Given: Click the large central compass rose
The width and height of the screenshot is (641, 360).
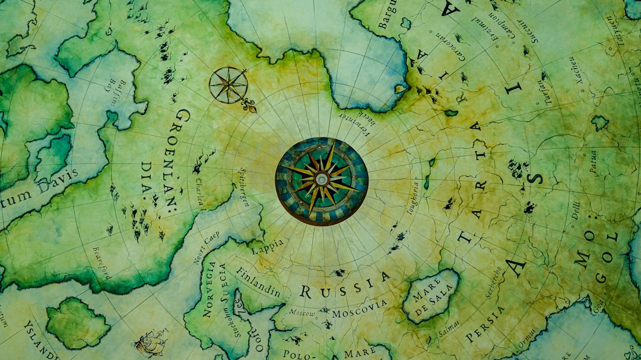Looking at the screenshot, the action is [321, 180].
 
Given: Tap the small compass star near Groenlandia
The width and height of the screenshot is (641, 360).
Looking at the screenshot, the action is [229, 85].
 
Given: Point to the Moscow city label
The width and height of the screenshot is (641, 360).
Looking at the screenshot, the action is [302, 313].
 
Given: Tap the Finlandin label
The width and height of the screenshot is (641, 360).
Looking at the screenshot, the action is [258, 282].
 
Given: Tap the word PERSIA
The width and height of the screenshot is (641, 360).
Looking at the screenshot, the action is [485, 324].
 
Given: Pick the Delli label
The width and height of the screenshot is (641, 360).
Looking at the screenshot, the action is [575, 210].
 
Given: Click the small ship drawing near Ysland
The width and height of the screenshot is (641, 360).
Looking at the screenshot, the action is [151, 343].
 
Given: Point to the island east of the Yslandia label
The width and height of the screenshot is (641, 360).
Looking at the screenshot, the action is [77, 323].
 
